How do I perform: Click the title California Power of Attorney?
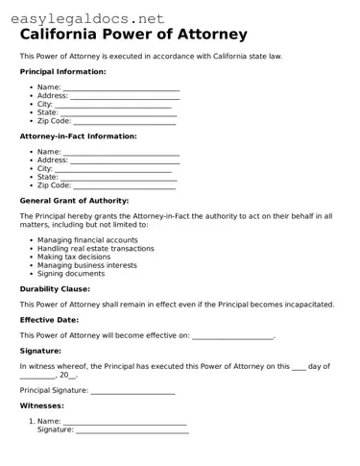132,35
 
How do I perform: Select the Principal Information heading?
62,72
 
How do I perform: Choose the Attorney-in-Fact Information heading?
78,136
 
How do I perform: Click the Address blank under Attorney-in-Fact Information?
125,160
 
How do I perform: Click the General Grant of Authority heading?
74,201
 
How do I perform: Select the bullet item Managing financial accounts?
87,240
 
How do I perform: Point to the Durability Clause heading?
55,288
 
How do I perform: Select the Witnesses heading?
42,406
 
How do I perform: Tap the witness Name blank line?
125,422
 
